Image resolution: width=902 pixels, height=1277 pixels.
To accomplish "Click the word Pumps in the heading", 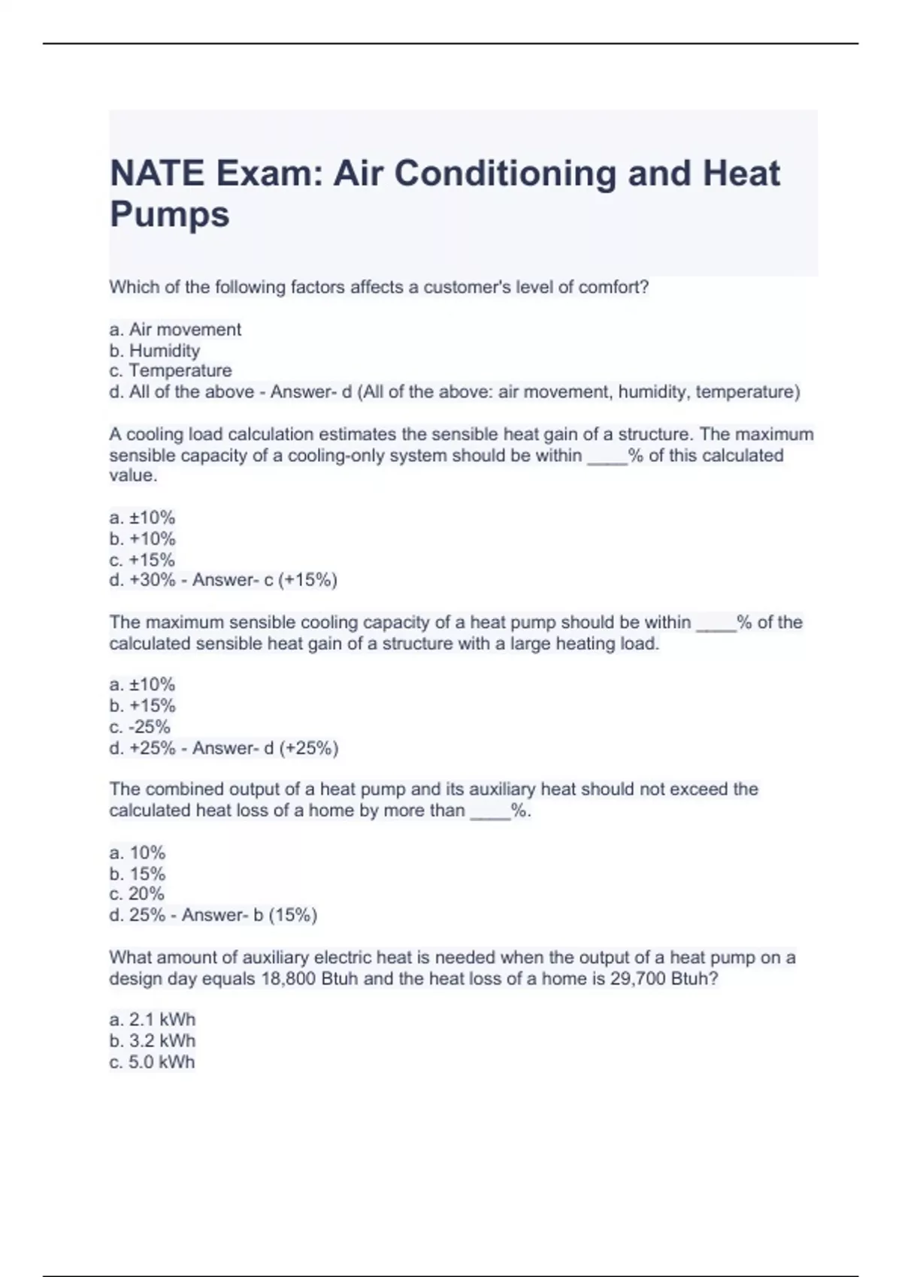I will pyautogui.click(x=170, y=214).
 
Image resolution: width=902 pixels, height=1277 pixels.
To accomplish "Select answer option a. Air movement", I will pyautogui.click(x=175, y=329).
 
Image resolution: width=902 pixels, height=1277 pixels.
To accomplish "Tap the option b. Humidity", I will pyautogui.click(x=155, y=350).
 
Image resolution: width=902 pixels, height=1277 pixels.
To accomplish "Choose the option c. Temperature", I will pyautogui.click(x=171, y=370).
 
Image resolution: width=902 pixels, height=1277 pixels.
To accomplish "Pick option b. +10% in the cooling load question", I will pyautogui.click(x=142, y=539).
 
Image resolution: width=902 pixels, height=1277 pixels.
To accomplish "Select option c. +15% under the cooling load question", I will pyautogui.click(x=142, y=560).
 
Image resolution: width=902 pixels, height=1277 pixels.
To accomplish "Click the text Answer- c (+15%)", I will pyautogui.click(x=265, y=580).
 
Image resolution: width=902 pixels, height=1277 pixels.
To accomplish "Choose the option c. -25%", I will pyautogui.click(x=140, y=726).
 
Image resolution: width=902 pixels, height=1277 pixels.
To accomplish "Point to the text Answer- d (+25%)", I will pyautogui.click(x=265, y=747).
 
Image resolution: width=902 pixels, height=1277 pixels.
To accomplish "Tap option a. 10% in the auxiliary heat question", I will pyautogui.click(x=137, y=853).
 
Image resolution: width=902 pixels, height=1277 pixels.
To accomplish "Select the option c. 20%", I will pyautogui.click(x=137, y=893).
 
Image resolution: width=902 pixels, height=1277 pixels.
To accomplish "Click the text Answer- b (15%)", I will pyautogui.click(x=250, y=914).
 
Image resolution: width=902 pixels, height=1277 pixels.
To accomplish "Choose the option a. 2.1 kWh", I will pyautogui.click(x=153, y=1019).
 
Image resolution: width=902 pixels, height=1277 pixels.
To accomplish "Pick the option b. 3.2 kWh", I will pyautogui.click(x=153, y=1040).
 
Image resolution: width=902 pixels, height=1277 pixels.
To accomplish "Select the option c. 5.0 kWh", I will pyautogui.click(x=153, y=1061).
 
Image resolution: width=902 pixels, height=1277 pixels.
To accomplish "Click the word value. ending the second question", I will pyautogui.click(x=133, y=475).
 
